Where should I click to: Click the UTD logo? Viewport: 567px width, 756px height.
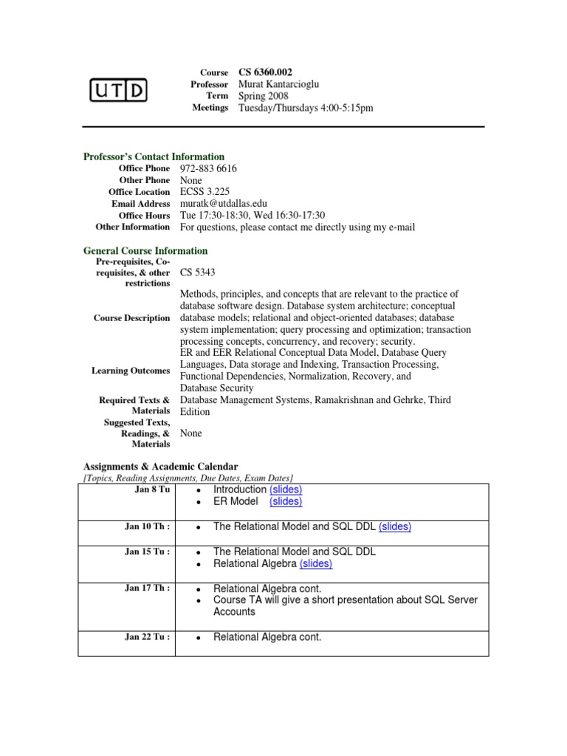coord(118,90)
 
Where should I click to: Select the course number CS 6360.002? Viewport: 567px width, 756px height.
coord(265,72)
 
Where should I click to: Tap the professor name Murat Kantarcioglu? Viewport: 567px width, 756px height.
coord(279,84)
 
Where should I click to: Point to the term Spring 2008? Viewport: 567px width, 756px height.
coord(263,96)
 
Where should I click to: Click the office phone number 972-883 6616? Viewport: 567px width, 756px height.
coord(208,168)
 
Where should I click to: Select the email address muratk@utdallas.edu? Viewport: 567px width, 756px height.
coord(224,204)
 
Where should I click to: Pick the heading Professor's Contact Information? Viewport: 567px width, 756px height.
coord(154,157)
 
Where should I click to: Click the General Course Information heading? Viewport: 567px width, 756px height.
coord(145,251)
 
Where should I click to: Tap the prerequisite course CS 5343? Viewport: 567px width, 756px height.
coord(198,272)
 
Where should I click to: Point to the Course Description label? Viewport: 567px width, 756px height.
coord(131,318)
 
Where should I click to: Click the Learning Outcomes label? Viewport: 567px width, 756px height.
coord(130,371)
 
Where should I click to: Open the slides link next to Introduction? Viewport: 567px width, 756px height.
coord(286,490)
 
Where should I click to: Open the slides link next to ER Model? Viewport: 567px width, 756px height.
coord(286,502)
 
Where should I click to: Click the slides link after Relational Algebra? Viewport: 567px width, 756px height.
coord(316,564)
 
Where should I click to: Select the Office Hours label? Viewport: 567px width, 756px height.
coord(145,216)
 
